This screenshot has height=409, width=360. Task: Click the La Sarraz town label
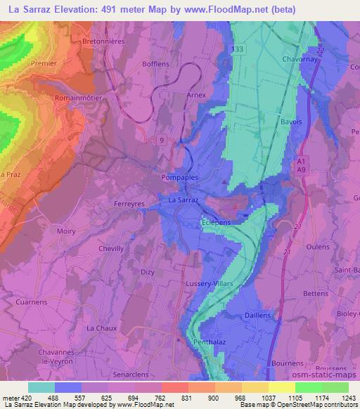tap(184, 200)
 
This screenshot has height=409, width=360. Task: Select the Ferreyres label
tap(129, 204)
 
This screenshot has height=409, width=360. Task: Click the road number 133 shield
tap(238, 48)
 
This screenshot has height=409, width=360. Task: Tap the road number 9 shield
tap(162, 140)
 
